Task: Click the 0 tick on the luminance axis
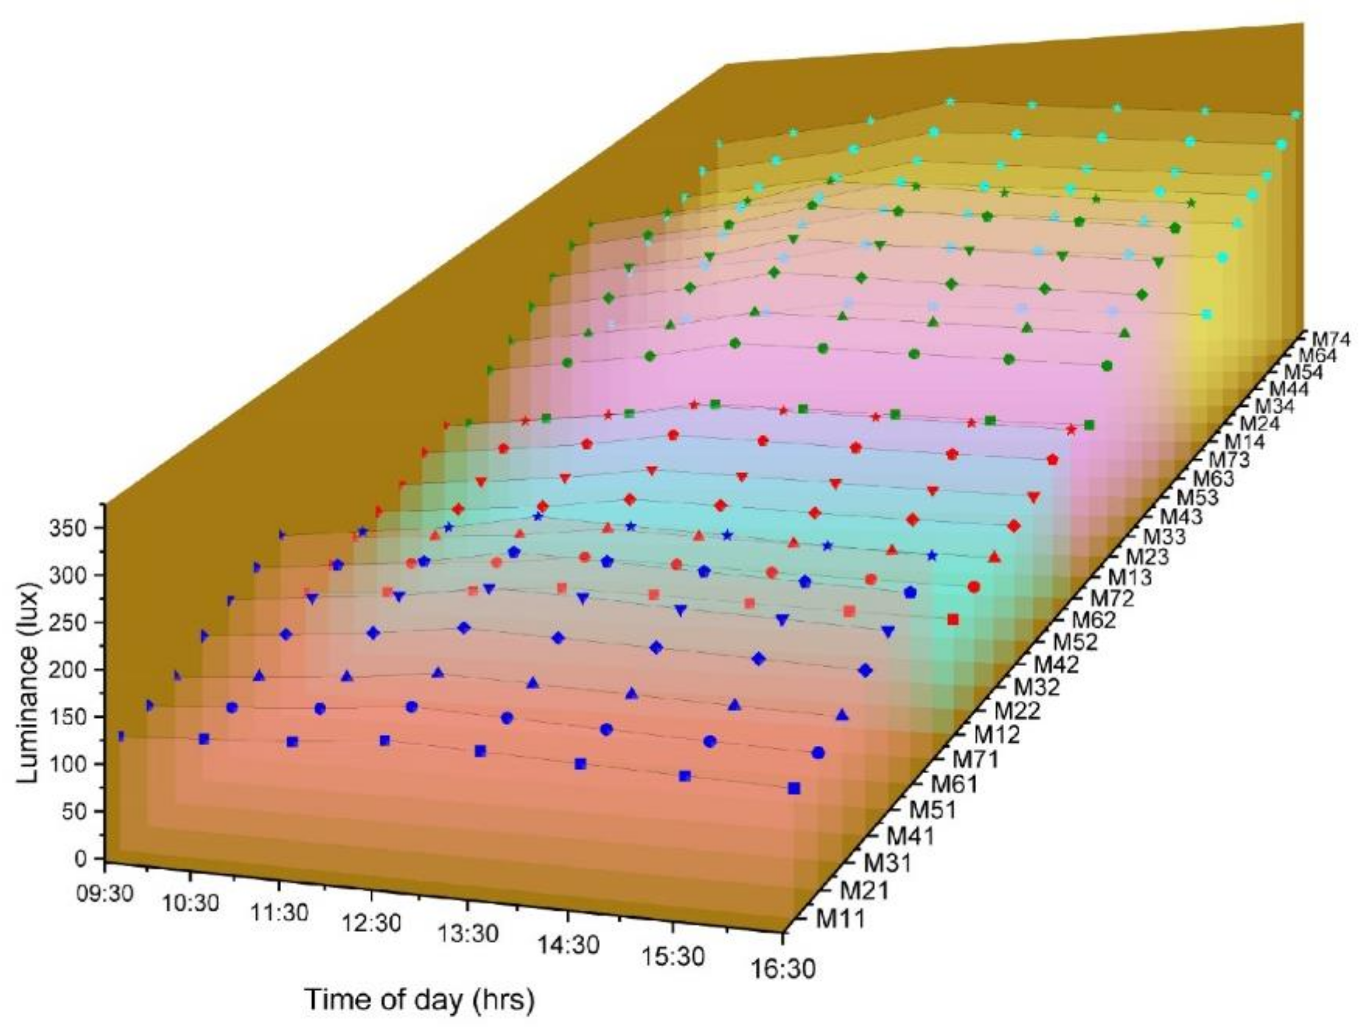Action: [81, 858]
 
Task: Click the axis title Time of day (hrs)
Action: [419, 1000]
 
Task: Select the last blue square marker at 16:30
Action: [794, 788]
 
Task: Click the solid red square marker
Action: [953, 619]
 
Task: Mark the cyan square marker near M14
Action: [1206, 315]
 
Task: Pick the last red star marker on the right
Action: [1071, 429]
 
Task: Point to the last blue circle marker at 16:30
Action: [818, 753]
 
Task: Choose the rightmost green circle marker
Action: [1107, 367]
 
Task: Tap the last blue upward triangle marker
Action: [842, 715]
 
